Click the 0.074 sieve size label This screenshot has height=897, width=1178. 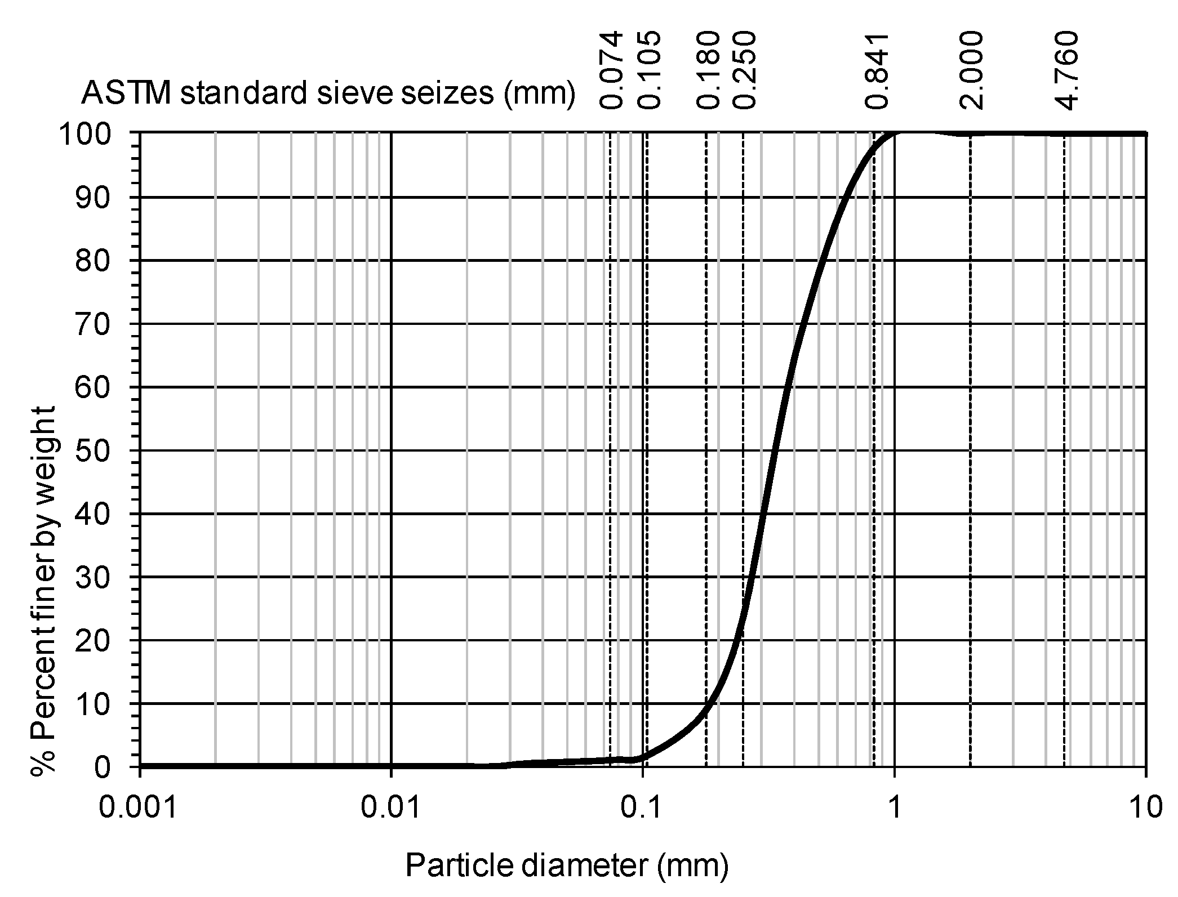click(611, 70)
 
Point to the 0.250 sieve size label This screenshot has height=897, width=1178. click(743, 70)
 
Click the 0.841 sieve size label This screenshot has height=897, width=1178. click(877, 71)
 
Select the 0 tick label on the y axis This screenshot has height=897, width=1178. click(103, 767)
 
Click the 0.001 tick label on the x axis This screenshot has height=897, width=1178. click(139, 807)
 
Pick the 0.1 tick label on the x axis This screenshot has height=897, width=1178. click(643, 807)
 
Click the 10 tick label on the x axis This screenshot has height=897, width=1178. click(1145, 807)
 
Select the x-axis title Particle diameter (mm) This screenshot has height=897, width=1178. click(567, 865)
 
